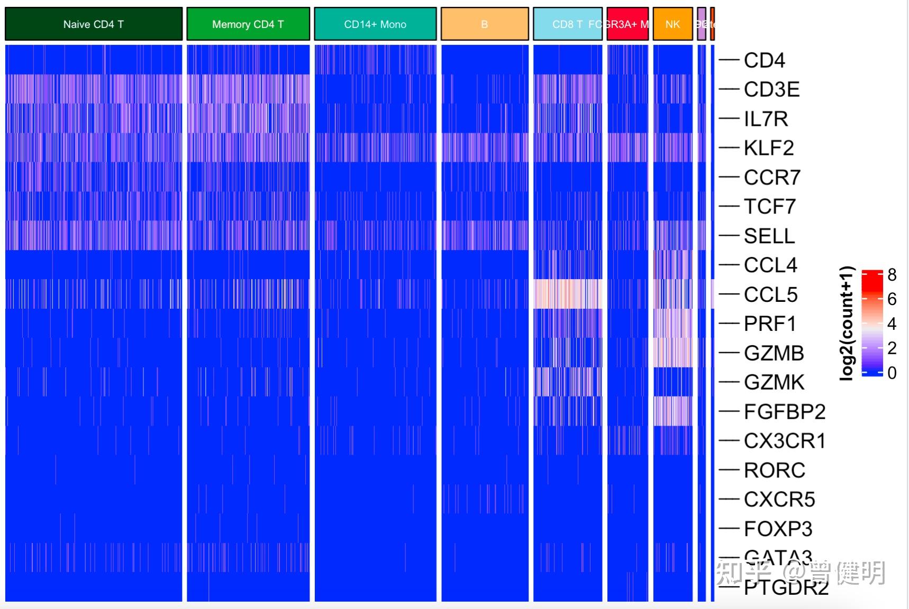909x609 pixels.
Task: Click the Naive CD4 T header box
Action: click(94, 24)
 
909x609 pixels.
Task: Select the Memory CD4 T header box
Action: click(248, 24)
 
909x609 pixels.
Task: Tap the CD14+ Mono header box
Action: click(375, 24)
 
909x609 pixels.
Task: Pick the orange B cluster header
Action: click(485, 24)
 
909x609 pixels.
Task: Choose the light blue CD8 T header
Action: click(567, 24)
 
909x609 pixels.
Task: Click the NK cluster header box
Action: click(672, 24)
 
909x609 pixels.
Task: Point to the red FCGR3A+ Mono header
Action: click(628, 24)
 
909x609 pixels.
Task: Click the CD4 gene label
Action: click(764, 60)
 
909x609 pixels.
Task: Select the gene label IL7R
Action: click(766, 119)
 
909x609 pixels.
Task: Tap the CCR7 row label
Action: click(772, 178)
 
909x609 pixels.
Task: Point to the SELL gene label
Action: click(769, 236)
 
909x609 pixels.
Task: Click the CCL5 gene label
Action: click(770, 294)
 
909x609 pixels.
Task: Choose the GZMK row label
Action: click(774, 382)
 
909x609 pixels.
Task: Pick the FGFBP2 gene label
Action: click(784, 412)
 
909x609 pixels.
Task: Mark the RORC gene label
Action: click(774, 470)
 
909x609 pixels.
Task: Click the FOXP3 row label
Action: click(778, 529)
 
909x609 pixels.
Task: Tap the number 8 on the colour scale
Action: click(892, 275)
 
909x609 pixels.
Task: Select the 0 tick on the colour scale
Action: click(892, 373)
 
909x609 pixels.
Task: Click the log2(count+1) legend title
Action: click(847, 323)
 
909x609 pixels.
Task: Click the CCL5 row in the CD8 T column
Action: click(568, 294)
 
